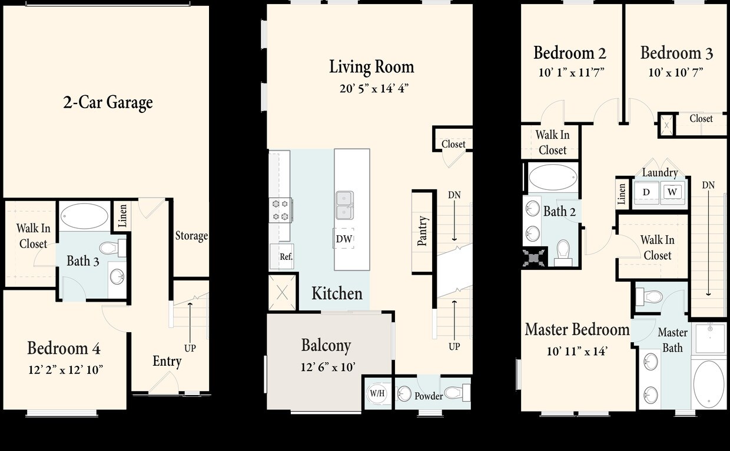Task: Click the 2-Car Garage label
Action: tap(108, 102)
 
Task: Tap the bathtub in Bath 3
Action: tap(84, 216)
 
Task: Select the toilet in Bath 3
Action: tap(112, 248)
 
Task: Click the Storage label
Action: tap(191, 236)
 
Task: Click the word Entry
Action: tap(167, 361)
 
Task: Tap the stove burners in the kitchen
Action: tap(281, 210)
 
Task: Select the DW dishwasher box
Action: tap(344, 238)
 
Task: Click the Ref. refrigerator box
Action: tap(286, 257)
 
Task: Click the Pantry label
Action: tap(423, 231)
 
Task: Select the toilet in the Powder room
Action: tap(456, 392)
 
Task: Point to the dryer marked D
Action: tap(646, 192)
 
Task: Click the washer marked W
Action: tap(672, 192)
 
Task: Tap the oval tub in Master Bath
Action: tap(708, 383)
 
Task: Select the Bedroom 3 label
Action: tap(676, 53)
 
